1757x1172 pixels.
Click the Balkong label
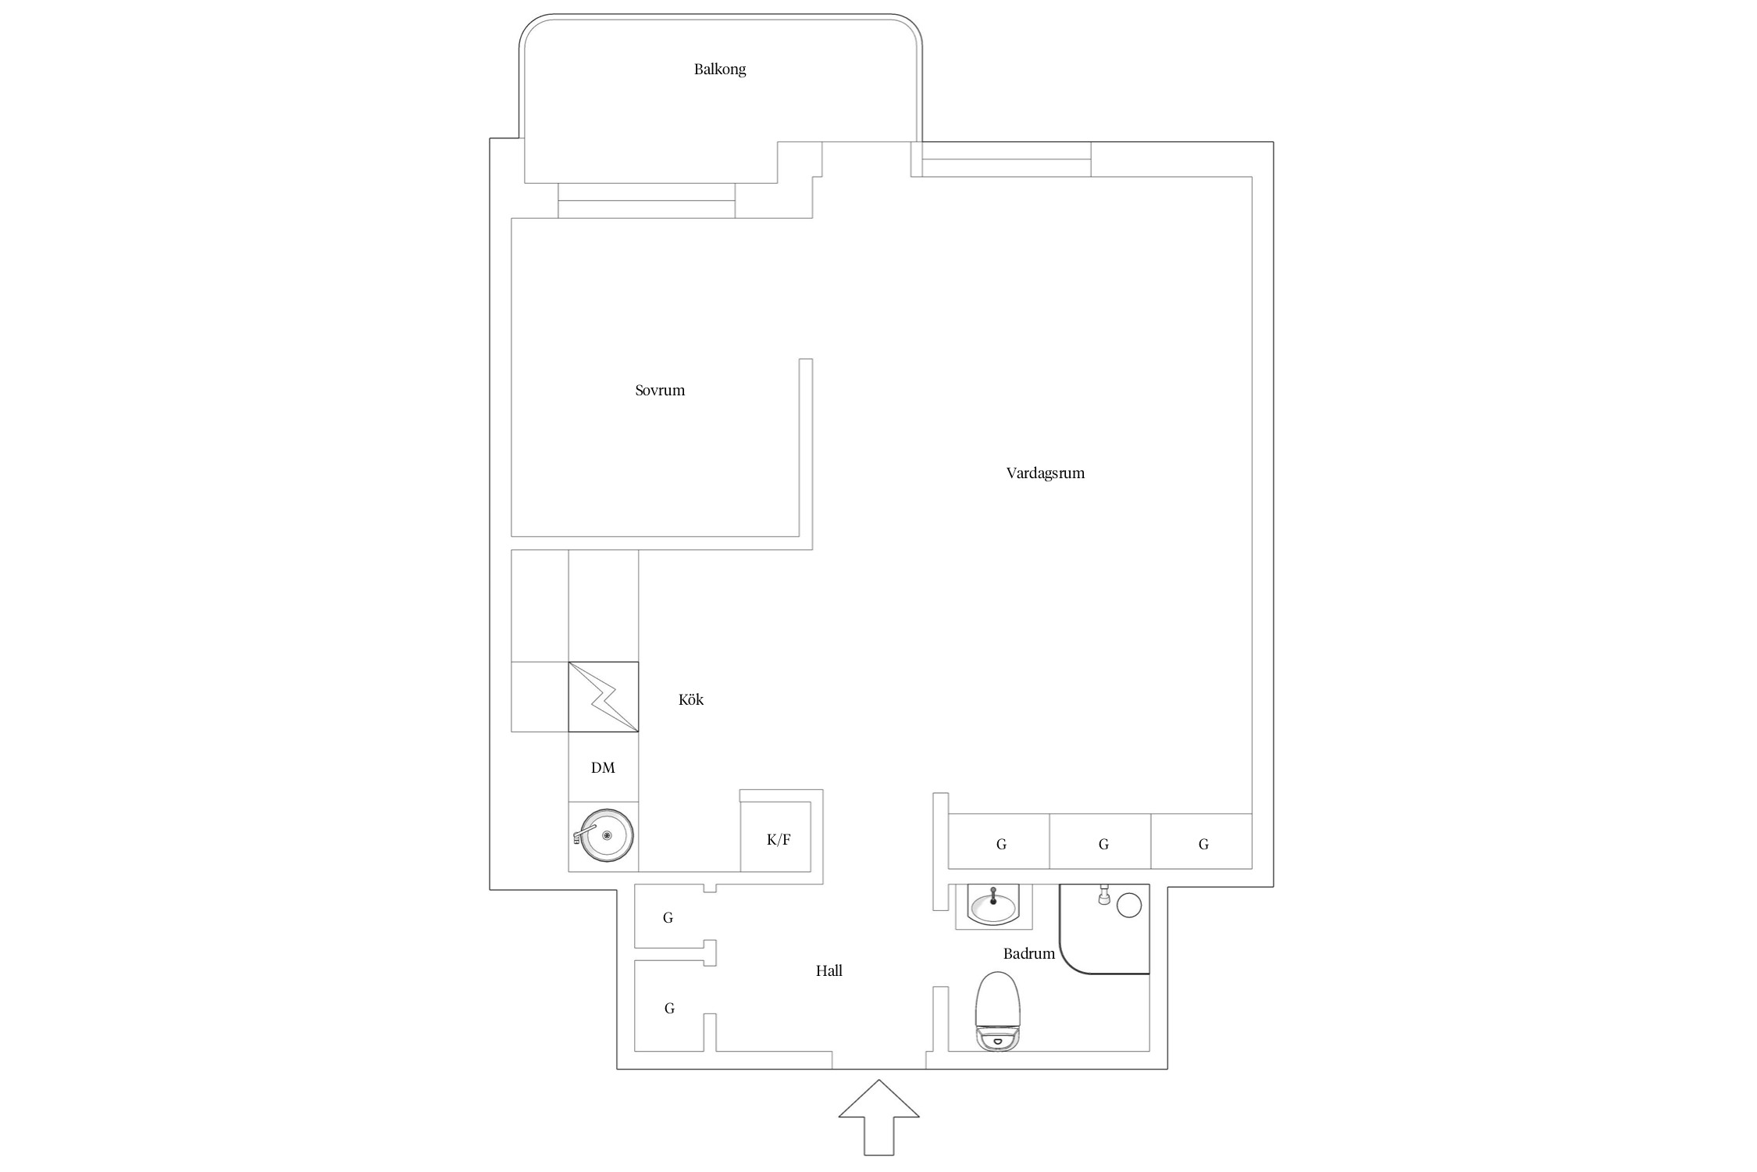[x=720, y=70]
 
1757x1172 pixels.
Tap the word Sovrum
[x=660, y=390]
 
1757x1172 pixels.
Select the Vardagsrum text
[x=1045, y=473]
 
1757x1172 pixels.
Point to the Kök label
[x=691, y=699]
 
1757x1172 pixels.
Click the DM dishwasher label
[x=603, y=767]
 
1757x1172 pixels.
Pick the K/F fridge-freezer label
[x=779, y=840]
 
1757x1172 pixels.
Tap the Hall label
[x=829, y=970]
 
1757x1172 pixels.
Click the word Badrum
[x=1029, y=953]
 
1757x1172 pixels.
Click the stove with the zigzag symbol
[x=603, y=697]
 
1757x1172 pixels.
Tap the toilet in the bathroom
[x=998, y=1010]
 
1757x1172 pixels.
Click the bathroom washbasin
[x=993, y=907]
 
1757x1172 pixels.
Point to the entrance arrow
[x=878, y=1117]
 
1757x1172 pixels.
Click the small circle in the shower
[x=1129, y=906]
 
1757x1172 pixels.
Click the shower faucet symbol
[x=1104, y=894]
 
